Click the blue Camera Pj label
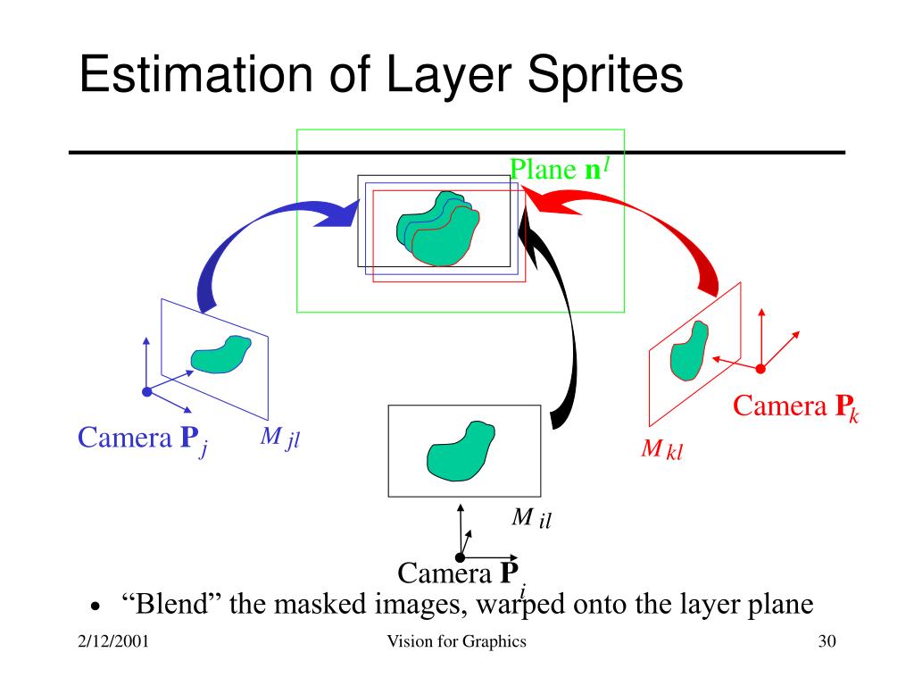[143, 439]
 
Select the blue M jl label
[278, 438]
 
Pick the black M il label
[531, 518]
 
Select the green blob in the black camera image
[460, 449]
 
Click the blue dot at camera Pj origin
[147, 391]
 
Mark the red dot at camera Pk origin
[760, 368]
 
